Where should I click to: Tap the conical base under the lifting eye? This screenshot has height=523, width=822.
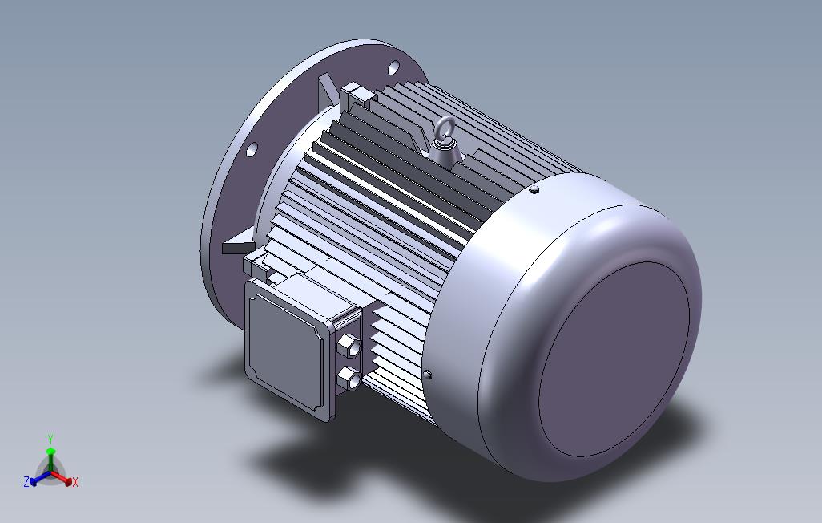pos(445,152)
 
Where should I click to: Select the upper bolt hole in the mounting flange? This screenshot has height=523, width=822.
pos(393,67)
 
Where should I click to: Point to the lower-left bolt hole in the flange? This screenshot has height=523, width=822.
pos(252,149)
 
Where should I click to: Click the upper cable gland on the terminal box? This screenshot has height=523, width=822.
pos(349,347)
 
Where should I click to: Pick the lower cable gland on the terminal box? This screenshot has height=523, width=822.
pos(348,377)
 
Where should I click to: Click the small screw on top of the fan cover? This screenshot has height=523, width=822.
pos(534,189)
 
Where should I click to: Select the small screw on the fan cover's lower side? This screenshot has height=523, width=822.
pos(427,375)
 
